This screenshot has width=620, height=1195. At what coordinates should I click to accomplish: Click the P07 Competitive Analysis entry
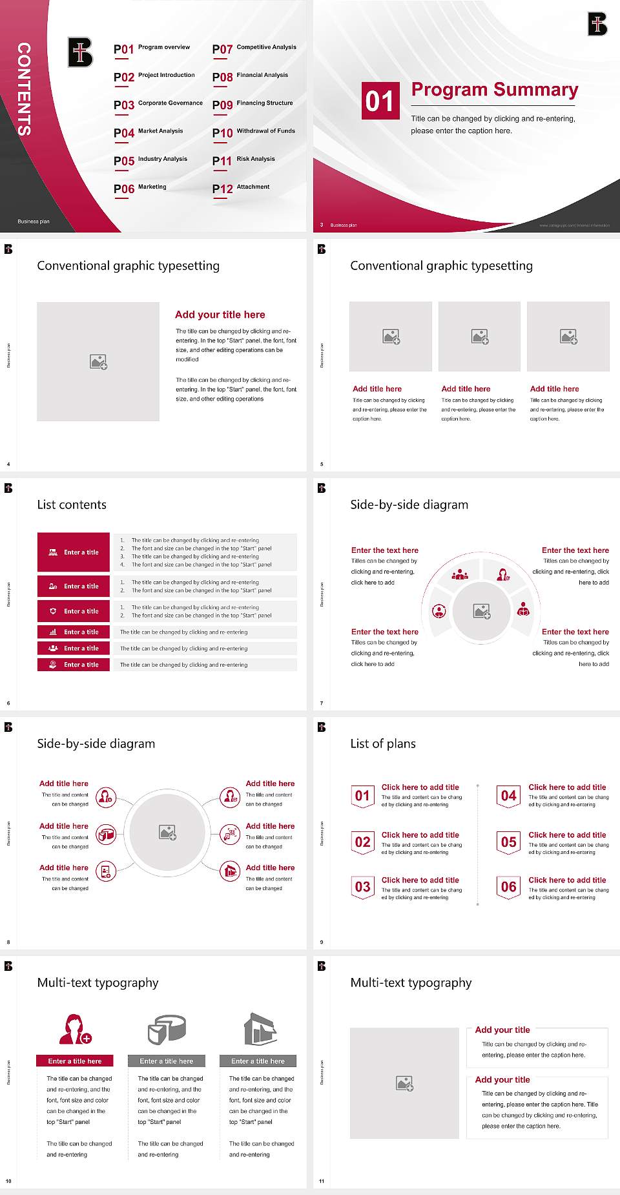[254, 48]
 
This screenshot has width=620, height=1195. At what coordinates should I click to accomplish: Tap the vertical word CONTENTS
[23, 89]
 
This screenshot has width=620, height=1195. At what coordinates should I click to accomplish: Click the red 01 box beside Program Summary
[380, 101]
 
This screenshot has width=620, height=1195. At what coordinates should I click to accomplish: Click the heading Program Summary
[494, 90]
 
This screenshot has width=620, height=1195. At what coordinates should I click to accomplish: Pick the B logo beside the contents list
[80, 52]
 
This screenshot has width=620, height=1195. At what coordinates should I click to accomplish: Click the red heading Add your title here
[220, 315]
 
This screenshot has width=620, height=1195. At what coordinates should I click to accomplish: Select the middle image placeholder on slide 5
[479, 336]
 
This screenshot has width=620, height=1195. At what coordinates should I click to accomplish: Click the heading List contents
[72, 504]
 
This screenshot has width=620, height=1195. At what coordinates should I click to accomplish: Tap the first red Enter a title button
[74, 552]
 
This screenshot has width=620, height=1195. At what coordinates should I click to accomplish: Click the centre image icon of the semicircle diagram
[482, 611]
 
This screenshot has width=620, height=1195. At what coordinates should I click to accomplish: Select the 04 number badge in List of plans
[509, 796]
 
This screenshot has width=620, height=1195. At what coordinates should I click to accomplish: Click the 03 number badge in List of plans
[363, 887]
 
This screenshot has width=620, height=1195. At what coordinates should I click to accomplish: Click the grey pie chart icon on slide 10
[167, 1029]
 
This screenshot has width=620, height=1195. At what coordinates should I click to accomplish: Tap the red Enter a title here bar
[74, 1061]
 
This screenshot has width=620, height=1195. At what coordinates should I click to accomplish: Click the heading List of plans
[383, 743]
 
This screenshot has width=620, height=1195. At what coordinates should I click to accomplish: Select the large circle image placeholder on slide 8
[168, 832]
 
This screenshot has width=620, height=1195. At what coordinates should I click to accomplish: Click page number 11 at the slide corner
[322, 1181]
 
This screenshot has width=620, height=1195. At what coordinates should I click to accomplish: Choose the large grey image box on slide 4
[98, 362]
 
